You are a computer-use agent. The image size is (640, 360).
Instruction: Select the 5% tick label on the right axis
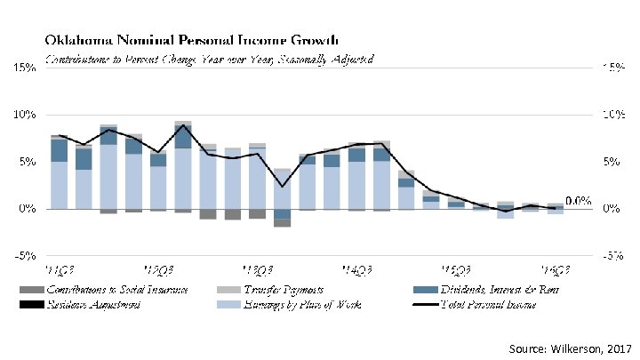coord(613,162)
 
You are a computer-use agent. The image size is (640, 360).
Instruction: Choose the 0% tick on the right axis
coord(613,209)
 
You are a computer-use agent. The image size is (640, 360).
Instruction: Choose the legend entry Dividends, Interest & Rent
coord(498,290)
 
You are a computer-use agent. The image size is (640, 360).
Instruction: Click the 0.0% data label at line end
coord(579,201)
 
